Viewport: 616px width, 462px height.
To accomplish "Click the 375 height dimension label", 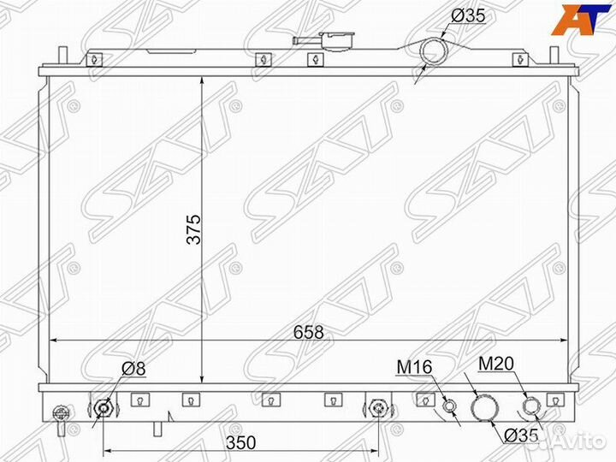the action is (193, 229).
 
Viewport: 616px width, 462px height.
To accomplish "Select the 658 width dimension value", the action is (308, 332).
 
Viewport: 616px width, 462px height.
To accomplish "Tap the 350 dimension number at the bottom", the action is (240, 443).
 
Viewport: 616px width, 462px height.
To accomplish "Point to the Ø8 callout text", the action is (133, 369).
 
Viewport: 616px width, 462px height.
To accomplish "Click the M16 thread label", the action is (414, 367).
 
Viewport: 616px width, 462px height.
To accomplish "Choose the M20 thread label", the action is (495, 364).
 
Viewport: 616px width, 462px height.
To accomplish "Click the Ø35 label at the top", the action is (468, 16).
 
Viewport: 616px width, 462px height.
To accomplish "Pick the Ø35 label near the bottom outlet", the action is (520, 435).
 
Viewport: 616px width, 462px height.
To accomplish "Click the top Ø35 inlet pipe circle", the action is (434, 51).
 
